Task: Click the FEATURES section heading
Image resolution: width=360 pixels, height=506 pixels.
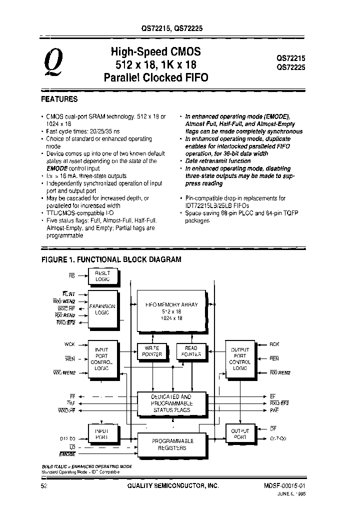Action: (59, 99)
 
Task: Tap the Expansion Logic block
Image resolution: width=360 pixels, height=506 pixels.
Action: (102, 309)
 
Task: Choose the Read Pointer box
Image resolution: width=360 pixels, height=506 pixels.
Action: (191, 351)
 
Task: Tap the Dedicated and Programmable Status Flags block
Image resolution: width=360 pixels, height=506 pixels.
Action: (171, 403)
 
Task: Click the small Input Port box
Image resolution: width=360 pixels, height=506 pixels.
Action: (102, 432)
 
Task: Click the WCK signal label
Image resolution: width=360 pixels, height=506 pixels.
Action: (69, 344)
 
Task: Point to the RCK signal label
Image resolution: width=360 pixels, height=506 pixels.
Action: (274, 344)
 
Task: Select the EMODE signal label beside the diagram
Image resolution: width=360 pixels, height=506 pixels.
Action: (67, 454)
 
